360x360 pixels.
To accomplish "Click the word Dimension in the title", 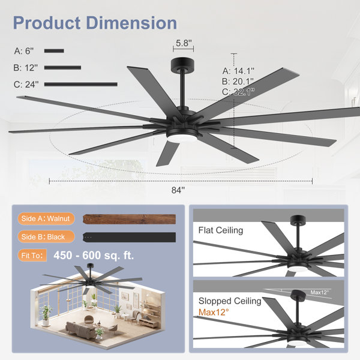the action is tap(131, 23).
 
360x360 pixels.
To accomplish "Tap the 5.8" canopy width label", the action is tap(184, 43).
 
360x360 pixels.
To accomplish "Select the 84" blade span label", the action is tap(178, 190).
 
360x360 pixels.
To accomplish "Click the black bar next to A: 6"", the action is tap(54, 51).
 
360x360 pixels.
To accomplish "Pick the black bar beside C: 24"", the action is tap(81, 85).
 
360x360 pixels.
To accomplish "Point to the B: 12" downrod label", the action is tap(25, 68).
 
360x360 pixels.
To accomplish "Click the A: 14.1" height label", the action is tap(238, 71).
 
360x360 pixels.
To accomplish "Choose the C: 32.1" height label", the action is tap(238, 92).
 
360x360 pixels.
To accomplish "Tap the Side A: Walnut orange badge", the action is tap(46, 218).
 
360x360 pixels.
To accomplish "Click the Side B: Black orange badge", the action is tap(46, 237).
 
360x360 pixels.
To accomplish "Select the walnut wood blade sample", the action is tap(129, 219).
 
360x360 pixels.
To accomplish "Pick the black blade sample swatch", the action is tap(129, 237).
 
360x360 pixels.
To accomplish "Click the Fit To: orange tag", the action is tap(32, 256).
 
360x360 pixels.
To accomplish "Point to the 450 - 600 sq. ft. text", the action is tap(94, 256).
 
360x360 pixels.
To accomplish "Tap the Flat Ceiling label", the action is tap(221, 230).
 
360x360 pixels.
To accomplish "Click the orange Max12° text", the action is tap(214, 312).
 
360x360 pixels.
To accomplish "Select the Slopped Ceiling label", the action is tap(230, 301).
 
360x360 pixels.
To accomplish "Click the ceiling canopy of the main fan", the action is tap(183, 64).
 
